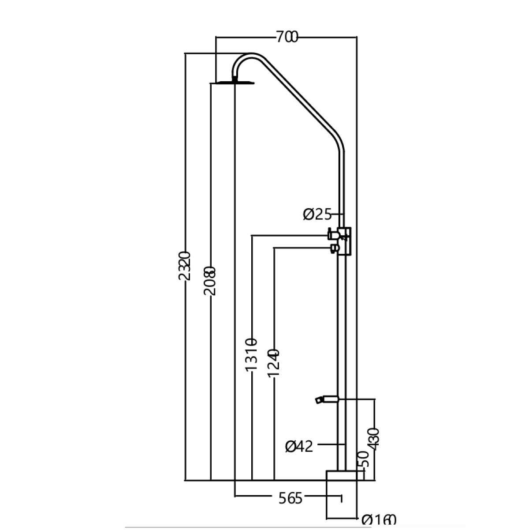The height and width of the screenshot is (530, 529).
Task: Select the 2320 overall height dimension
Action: pos(186,266)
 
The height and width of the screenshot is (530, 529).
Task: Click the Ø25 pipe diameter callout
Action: pos(317,214)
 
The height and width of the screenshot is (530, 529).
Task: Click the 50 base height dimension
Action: pos(364,460)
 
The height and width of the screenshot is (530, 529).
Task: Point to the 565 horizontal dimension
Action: pos(291,498)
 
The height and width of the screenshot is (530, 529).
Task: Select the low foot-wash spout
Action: pos(325,399)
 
